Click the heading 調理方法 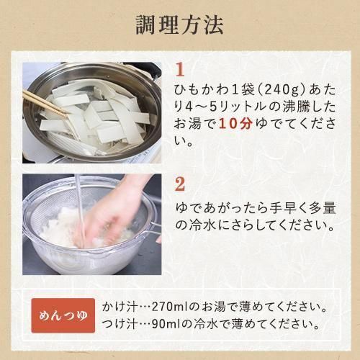coord(180,25)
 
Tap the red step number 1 coord(180,70)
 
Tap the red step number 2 coord(180,184)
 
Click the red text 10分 coord(236,124)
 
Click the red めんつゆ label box coord(63,315)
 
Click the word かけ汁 coord(120,307)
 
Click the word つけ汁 coord(120,325)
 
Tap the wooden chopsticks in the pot coord(45,104)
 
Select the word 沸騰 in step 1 coord(296,107)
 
